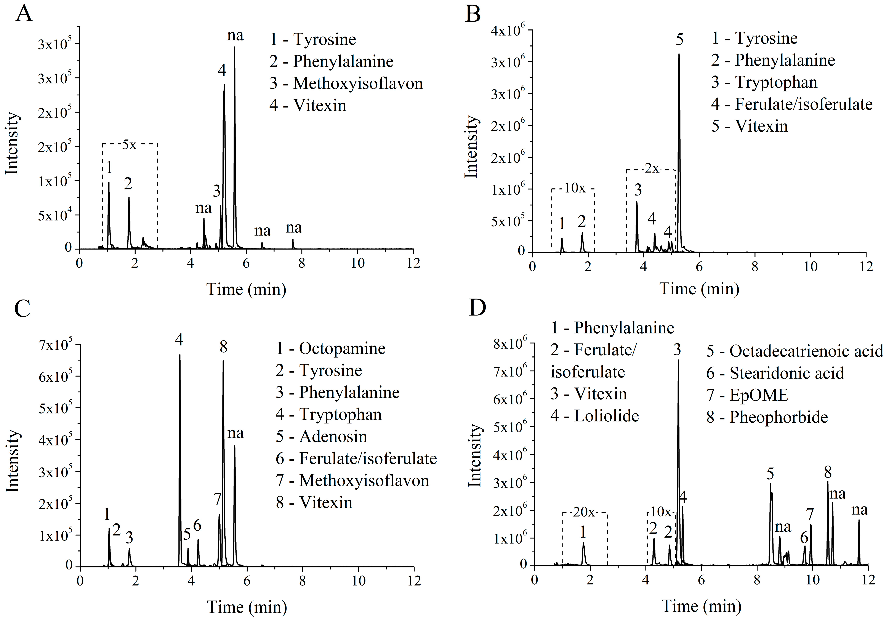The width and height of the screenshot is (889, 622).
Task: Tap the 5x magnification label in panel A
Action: [x=129, y=145]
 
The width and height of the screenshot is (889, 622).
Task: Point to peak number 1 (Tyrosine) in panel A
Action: [x=109, y=186]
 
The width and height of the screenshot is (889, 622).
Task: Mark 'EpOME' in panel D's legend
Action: [x=759, y=395]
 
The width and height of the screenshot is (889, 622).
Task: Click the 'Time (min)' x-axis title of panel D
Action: [x=701, y=606]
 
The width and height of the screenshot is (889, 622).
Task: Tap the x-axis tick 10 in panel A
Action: [x=357, y=263]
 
